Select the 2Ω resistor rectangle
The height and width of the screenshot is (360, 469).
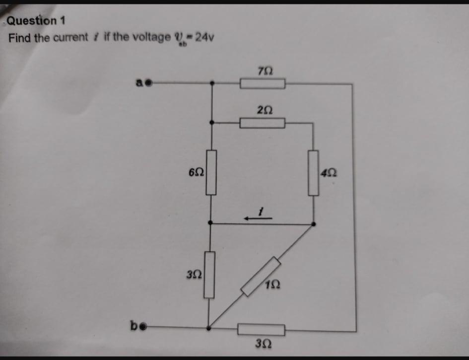tap(263, 123)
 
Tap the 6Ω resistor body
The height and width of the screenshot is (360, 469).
tap(211, 172)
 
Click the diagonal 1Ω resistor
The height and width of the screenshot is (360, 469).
tap(261, 277)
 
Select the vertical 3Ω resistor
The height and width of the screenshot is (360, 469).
tap(210, 275)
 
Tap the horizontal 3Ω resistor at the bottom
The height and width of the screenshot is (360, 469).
tap(261, 329)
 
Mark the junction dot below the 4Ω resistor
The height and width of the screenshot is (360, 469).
tap(313, 224)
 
